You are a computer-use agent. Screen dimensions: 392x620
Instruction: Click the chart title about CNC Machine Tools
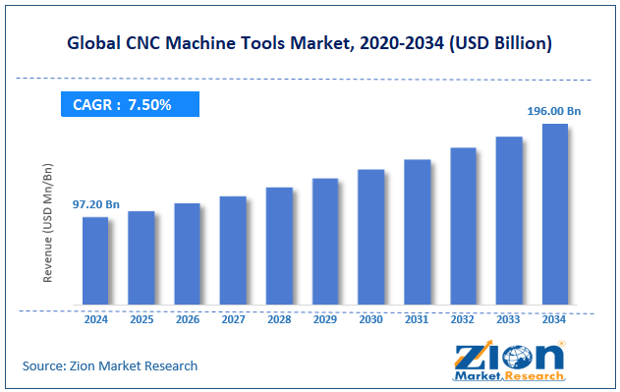click(x=310, y=44)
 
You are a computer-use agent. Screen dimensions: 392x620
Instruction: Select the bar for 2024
click(x=95, y=260)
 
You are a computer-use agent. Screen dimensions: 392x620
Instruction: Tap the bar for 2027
click(x=233, y=251)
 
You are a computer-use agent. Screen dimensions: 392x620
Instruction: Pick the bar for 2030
click(x=370, y=237)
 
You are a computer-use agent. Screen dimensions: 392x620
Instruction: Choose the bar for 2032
click(x=463, y=226)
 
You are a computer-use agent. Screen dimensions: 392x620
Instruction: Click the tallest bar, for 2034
click(x=554, y=214)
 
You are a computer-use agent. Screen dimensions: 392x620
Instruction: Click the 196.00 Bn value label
click(x=554, y=111)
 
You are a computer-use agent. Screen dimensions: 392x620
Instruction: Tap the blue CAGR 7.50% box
click(x=130, y=104)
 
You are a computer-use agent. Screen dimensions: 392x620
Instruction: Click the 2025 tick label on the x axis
click(x=141, y=319)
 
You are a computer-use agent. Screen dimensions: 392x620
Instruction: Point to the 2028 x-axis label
click(x=279, y=319)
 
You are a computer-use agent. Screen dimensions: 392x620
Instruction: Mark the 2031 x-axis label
click(x=417, y=319)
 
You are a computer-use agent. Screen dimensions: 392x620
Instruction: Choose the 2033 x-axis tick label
click(x=508, y=319)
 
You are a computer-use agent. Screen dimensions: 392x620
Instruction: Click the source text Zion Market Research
click(x=110, y=365)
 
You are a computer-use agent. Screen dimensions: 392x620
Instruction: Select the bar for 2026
click(x=187, y=254)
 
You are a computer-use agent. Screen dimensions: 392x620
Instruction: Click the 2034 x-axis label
click(x=554, y=319)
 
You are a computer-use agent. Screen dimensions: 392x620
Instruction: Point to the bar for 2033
click(x=508, y=220)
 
